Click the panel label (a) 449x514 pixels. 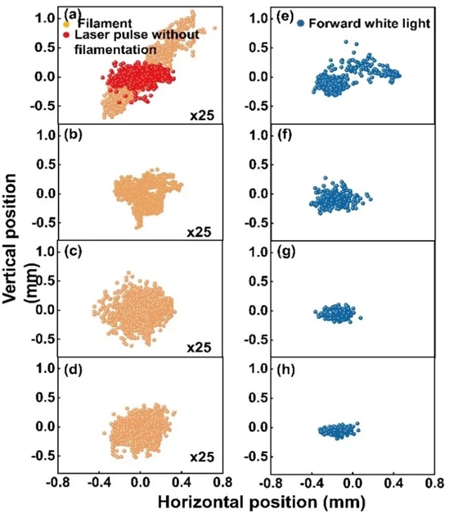tap(70, 14)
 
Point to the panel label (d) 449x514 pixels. tap(70, 367)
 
